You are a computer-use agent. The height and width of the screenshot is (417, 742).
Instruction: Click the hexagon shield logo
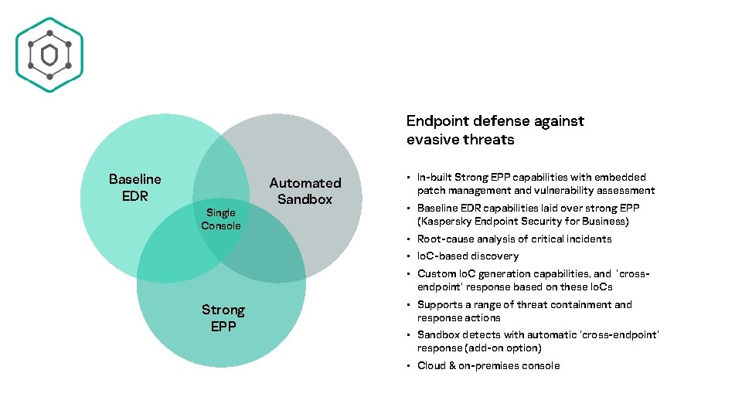(x=49, y=54)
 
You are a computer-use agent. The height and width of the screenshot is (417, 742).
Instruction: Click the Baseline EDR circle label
(x=134, y=188)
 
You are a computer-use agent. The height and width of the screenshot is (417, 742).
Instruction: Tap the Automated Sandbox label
(x=305, y=191)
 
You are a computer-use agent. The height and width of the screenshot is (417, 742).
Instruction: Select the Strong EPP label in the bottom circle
(x=223, y=317)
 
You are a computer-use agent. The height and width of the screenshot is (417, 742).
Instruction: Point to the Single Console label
(x=220, y=219)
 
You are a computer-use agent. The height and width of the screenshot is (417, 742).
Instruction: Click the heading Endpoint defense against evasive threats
(x=495, y=130)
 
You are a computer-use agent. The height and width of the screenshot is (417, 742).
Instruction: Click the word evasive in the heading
(x=432, y=140)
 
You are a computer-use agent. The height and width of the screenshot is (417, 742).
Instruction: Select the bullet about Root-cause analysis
(x=514, y=239)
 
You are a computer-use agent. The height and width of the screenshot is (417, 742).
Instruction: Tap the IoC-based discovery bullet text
(x=468, y=256)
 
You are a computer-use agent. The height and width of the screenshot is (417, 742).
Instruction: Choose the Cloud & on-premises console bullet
(x=488, y=366)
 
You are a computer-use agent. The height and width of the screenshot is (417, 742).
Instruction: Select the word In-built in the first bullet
(x=434, y=178)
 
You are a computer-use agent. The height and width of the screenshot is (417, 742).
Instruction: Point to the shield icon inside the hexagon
(x=49, y=55)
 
